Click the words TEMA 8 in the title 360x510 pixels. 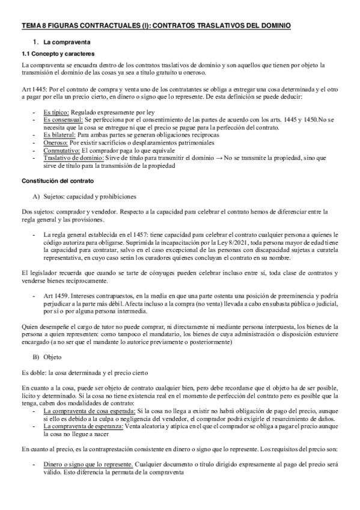(35, 26)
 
